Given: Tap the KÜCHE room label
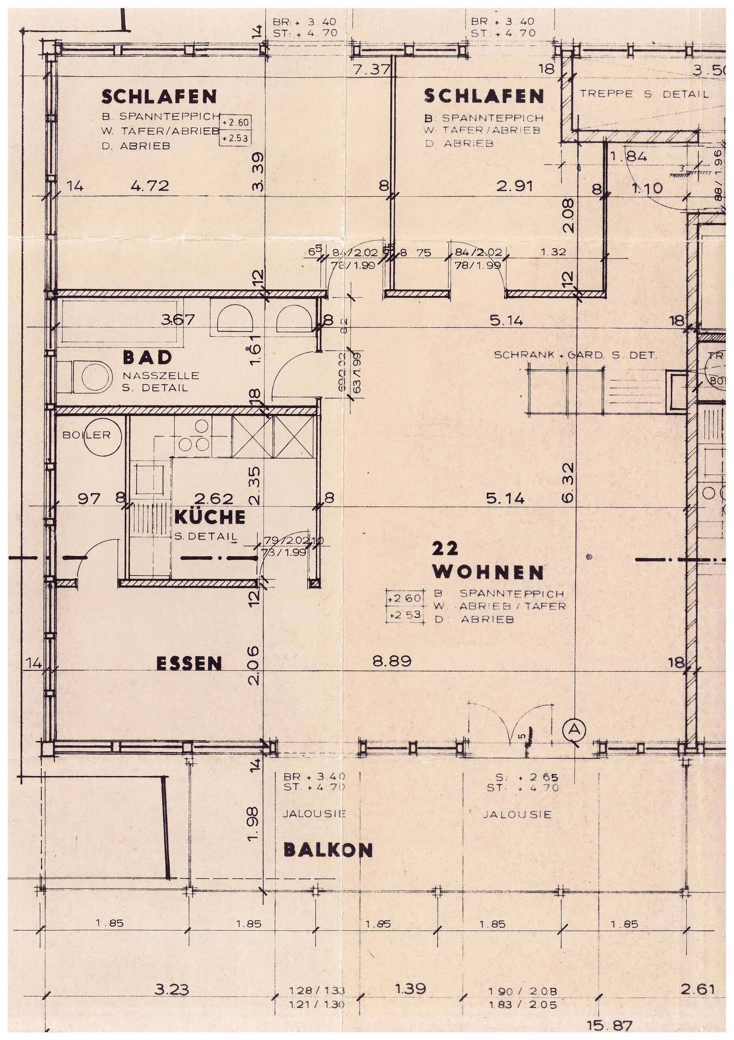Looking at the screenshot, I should (209, 517).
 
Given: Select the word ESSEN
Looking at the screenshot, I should (189, 664).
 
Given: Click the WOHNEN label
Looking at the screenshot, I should (488, 572).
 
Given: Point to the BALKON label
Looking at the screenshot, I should (328, 850).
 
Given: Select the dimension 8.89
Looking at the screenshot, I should (392, 661).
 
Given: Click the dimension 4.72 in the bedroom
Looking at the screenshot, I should (149, 186).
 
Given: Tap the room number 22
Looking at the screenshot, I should (445, 549).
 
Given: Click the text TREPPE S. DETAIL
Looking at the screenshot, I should (644, 94).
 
